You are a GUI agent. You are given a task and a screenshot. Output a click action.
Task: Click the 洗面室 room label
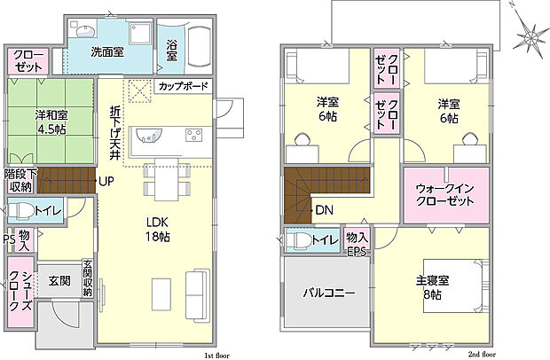point(107,52)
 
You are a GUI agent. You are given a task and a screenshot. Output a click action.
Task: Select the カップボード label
point(184,86)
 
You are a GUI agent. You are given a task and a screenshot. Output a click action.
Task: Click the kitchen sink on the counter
point(149,136)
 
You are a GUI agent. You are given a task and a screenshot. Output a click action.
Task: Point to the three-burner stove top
point(194,136)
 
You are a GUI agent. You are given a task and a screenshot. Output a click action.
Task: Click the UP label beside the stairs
point(106,181)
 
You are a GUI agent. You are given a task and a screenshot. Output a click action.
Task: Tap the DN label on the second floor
point(325,210)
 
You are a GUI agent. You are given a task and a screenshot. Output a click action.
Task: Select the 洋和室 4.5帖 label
point(51,122)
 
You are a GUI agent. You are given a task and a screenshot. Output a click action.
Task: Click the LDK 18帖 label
point(158,230)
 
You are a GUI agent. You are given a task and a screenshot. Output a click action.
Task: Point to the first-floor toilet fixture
point(22,211)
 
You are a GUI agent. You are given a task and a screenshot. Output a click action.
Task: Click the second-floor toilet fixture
point(299,240)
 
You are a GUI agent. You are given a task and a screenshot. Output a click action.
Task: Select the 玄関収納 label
point(88,278)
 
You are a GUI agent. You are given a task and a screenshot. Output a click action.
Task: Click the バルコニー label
point(329,293)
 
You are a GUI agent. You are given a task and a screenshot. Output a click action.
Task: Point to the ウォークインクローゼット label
point(444,195)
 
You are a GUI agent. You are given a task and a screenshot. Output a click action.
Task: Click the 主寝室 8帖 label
point(433,288)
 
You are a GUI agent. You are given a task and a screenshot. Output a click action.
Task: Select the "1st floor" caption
point(216,356)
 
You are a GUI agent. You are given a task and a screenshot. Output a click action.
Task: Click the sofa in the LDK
point(198,295)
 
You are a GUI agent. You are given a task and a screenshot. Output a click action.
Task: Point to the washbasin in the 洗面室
point(85,31)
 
